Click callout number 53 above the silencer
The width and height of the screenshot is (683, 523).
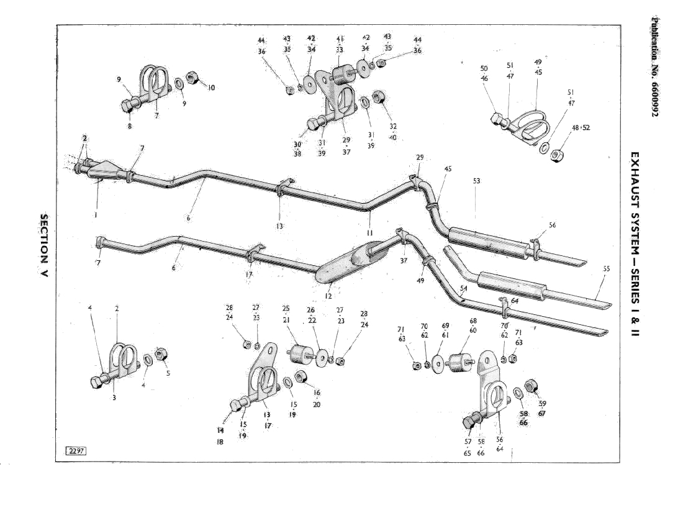tap(476, 181)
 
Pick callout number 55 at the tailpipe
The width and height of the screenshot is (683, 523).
tap(606, 269)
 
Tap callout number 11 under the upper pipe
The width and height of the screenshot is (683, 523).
tap(369, 232)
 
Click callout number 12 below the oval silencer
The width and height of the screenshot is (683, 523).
tap(328, 296)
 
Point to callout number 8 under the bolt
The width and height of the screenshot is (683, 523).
tap(130, 126)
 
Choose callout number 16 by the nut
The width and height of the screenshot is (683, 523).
tap(317, 393)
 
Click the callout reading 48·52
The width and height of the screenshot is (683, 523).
tap(581, 128)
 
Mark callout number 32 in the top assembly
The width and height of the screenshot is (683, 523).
tap(393, 126)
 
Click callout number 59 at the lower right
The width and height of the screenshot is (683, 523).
tap(542, 403)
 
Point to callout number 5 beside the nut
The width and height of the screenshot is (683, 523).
tap(168, 373)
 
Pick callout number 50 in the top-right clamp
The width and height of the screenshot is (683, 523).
tap(484, 68)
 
